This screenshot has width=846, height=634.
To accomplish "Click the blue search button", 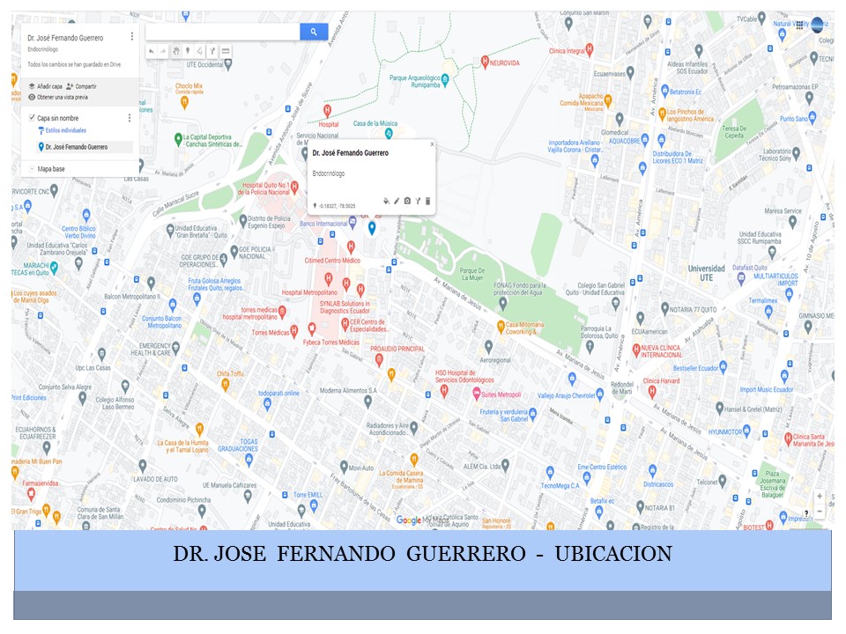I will click(314, 32).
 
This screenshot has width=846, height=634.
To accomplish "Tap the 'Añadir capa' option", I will click(49, 86).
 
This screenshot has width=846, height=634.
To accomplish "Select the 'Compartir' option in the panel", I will click(85, 86).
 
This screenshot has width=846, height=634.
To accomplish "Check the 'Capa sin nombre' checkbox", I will click(32, 117).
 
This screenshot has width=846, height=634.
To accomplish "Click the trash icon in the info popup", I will click(428, 202).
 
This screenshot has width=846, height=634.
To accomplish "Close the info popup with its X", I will click(432, 144).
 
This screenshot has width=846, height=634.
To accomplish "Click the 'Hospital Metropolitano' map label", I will click(309, 291).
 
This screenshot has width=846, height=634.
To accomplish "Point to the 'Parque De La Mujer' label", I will click(472, 275).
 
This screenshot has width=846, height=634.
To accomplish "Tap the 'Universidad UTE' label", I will click(706, 272).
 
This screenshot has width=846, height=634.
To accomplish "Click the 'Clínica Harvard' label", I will click(662, 380).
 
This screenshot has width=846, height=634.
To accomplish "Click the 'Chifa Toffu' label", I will click(230, 373).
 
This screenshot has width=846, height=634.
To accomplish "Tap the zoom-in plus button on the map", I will click(820, 497).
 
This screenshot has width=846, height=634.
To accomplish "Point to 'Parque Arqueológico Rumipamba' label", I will click(414, 81).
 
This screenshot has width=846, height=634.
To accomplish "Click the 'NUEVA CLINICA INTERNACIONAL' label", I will click(677, 352).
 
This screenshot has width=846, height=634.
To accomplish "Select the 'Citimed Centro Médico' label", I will click(332, 261).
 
